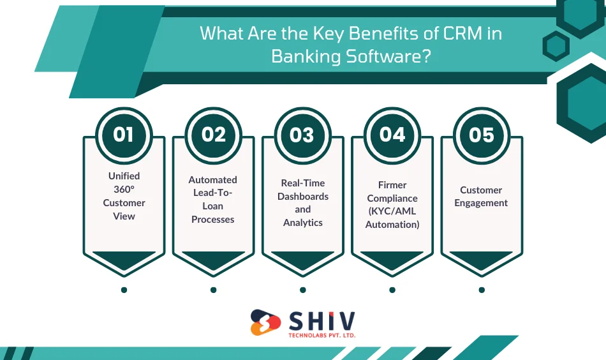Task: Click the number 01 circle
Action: [124, 135]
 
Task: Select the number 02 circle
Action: [214, 135]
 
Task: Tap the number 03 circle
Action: [302, 135]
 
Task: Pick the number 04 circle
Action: [392, 135]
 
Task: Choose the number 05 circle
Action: [482, 135]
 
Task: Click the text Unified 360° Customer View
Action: [124, 196]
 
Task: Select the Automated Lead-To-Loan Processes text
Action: [213, 200]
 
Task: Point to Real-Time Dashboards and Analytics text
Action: [302, 203]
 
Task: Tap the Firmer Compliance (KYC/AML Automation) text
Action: [392, 204]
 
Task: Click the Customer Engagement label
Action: [481, 197]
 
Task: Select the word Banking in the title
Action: [306, 56]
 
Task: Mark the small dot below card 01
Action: [124, 290]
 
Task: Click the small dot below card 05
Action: [482, 290]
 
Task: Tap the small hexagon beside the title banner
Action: [556, 46]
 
